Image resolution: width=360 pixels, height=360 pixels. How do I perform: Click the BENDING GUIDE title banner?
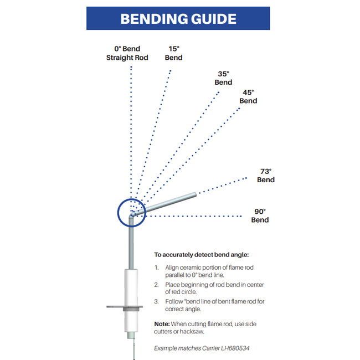click(x=178, y=18)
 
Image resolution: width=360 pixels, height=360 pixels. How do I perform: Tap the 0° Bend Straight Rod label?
click(x=127, y=53)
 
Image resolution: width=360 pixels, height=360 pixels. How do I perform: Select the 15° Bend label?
click(x=173, y=53)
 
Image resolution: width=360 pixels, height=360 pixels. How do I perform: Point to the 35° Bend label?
click(x=223, y=78)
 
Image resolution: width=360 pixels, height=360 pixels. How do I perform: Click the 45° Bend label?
click(x=248, y=97)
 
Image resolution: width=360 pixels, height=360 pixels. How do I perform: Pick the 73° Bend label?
click(x=266, y=176)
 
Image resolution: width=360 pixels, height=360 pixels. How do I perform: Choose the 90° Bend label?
click(x=260, y=215)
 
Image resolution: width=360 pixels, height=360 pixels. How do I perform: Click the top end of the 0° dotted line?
click(x=131, y=67)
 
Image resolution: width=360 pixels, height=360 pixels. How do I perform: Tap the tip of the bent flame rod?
click(x=196, y=194)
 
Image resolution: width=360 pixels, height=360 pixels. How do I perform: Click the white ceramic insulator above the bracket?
click(x=131, y=287)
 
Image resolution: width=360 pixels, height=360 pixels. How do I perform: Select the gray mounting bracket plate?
click(x=125, y=306)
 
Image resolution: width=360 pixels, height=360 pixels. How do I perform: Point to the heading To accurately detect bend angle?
click(x=202, y=255)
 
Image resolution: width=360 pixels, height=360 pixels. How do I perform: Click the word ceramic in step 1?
click(x=191, y=268)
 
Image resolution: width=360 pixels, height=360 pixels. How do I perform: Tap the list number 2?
click(x=156, y=285)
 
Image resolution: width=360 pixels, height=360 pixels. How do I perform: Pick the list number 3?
click(x=156, y=301)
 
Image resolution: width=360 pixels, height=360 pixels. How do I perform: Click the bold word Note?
click(x=162, y=324)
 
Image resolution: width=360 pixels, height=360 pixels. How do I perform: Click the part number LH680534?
click(x=235, y=348)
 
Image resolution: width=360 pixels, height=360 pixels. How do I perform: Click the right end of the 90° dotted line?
click(x=241, y=216)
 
